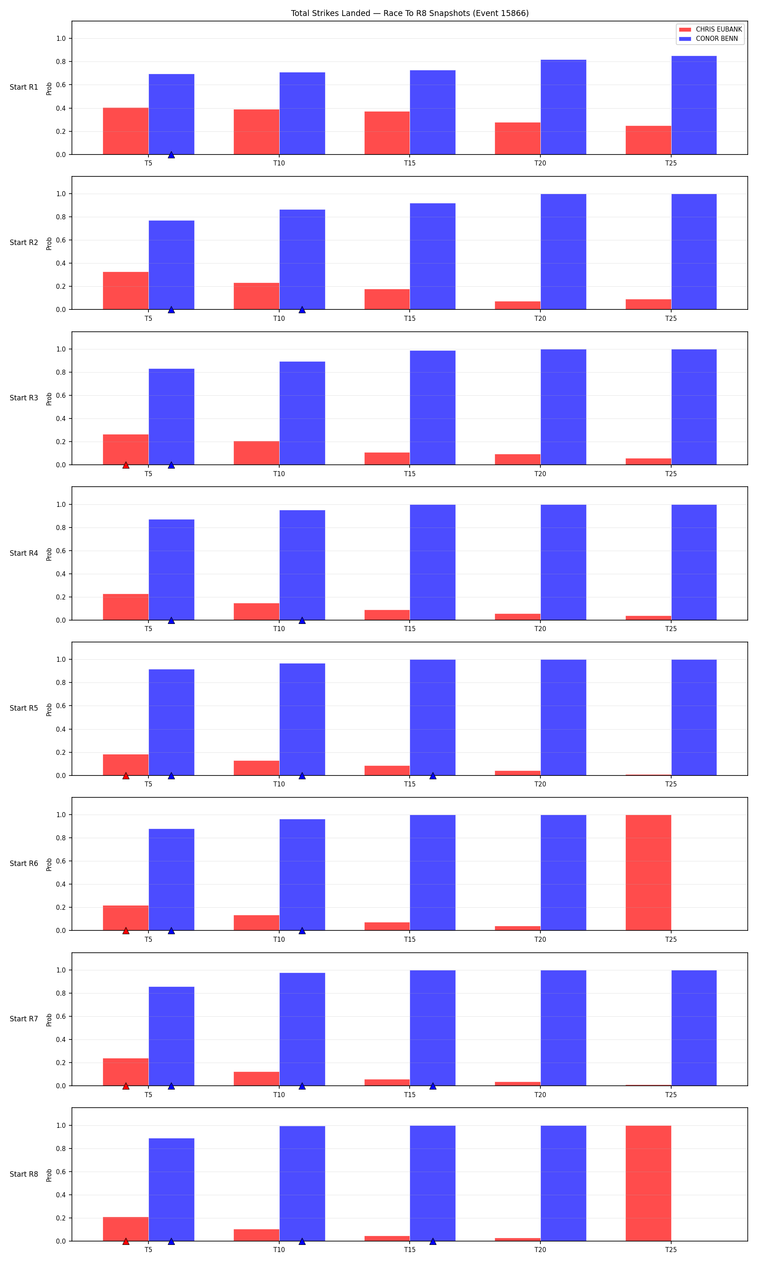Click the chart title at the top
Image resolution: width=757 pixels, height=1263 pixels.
(410, 13)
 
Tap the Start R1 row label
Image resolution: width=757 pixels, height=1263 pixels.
(24, 87)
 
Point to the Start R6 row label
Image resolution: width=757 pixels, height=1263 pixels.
(24, 863)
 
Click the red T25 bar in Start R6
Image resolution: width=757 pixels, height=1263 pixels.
(648, 872)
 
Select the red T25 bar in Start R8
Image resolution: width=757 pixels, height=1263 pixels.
(648, 1183)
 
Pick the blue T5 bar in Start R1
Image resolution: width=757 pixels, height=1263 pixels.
(172, 115)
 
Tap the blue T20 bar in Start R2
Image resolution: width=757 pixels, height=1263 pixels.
(563, 252)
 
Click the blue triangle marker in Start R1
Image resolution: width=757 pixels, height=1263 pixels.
(172, 154)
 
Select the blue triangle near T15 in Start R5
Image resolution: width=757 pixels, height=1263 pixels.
(433, 775)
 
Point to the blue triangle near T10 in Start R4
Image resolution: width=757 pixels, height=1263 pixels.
(302, 620)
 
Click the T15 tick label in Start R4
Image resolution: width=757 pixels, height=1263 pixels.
(410, 629)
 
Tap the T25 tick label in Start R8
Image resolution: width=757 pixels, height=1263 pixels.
(671, 1250)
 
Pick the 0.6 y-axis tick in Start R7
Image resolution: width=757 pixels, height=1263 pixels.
(61, 1016)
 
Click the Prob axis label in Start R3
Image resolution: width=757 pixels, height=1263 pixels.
(49, 399)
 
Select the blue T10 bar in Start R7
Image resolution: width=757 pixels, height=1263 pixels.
(302, 1029)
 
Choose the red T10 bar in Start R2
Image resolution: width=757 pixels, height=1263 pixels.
(257, 296)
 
